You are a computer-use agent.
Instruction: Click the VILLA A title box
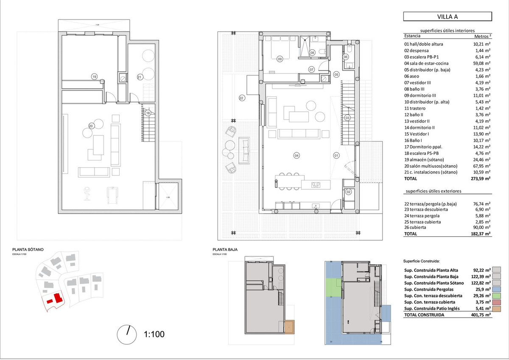[447, 17]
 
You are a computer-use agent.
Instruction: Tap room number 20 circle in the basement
[91, 125]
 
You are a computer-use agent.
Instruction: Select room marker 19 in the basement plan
[94, 76]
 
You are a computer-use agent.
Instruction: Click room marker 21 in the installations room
[139, 77]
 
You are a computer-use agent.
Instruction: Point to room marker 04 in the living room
[296, 155]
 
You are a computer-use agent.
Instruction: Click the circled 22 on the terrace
[242, 98]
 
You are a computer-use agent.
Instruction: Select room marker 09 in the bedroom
[280, 59]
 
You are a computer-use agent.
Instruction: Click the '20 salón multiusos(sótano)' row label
[431, 166]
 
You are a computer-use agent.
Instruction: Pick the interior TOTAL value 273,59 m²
[481, 179]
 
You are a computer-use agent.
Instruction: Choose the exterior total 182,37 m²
[481, 234]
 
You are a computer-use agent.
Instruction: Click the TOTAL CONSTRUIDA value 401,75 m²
[481, 315]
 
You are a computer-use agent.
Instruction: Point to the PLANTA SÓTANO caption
[28, 250]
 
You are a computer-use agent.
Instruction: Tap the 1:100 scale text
[154, 334]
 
